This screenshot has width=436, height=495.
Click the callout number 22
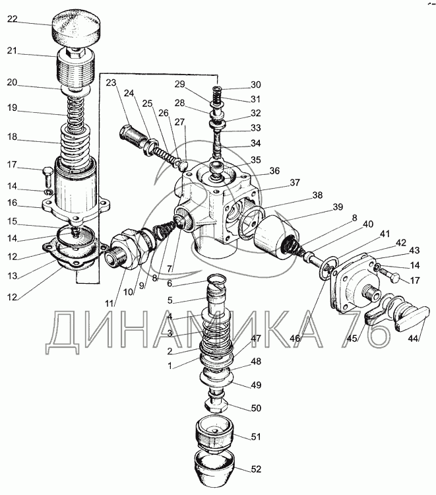coord(12,19)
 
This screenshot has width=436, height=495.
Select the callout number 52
coord(257,469)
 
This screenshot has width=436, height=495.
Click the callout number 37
coord(295,182)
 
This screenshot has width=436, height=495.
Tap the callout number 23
coord(111,82)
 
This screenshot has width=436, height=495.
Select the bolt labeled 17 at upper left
coord(47,176)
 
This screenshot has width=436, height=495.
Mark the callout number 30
coord(256,84)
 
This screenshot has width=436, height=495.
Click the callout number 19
coord(12,108)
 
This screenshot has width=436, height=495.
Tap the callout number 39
coord(337,207)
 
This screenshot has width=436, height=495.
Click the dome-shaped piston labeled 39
coord(276,236)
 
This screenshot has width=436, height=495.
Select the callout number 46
coord(295,338)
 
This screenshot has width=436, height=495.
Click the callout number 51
coord(256,437)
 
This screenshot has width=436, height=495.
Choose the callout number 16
coord(12,203)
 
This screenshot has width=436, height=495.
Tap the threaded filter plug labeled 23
coord(134,137)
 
